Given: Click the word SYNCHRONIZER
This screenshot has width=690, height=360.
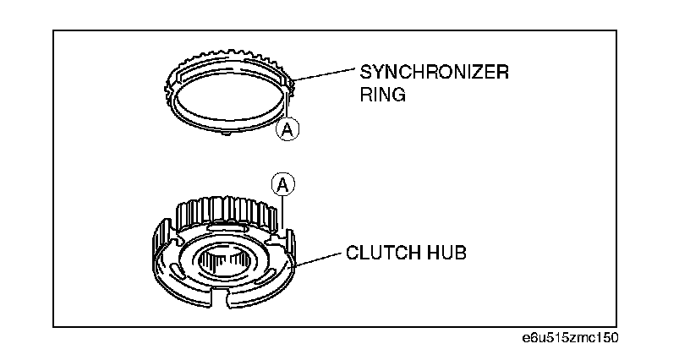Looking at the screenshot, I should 434,72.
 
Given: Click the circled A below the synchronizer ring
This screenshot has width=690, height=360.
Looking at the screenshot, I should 287,128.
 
